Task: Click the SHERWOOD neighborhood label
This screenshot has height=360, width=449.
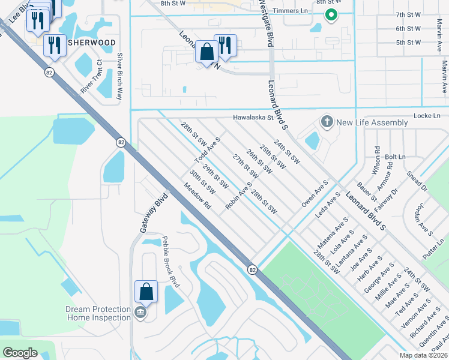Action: pyautogui.click(x=92, y=43)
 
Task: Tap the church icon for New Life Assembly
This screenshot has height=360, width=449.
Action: pyautogui.click(x=327, y=122)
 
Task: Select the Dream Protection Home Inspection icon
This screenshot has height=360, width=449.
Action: pyautogui.click(x=140, y=313)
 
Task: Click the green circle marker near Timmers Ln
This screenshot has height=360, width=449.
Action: pyautogui.click(x=330, y=16)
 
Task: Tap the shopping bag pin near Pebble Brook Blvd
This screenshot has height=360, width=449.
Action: pyautogui.click(x=146, y=292)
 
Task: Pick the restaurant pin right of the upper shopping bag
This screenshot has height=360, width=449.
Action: pyautogui.click(x=226, y=46)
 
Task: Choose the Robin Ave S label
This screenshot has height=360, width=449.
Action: pyautogui.click(x=238, y=196)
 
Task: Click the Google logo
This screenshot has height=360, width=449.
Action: pyautogui.click(x=20, y=353)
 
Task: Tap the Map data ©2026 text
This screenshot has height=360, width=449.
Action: pyautogui.click(x=423, y=355)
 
